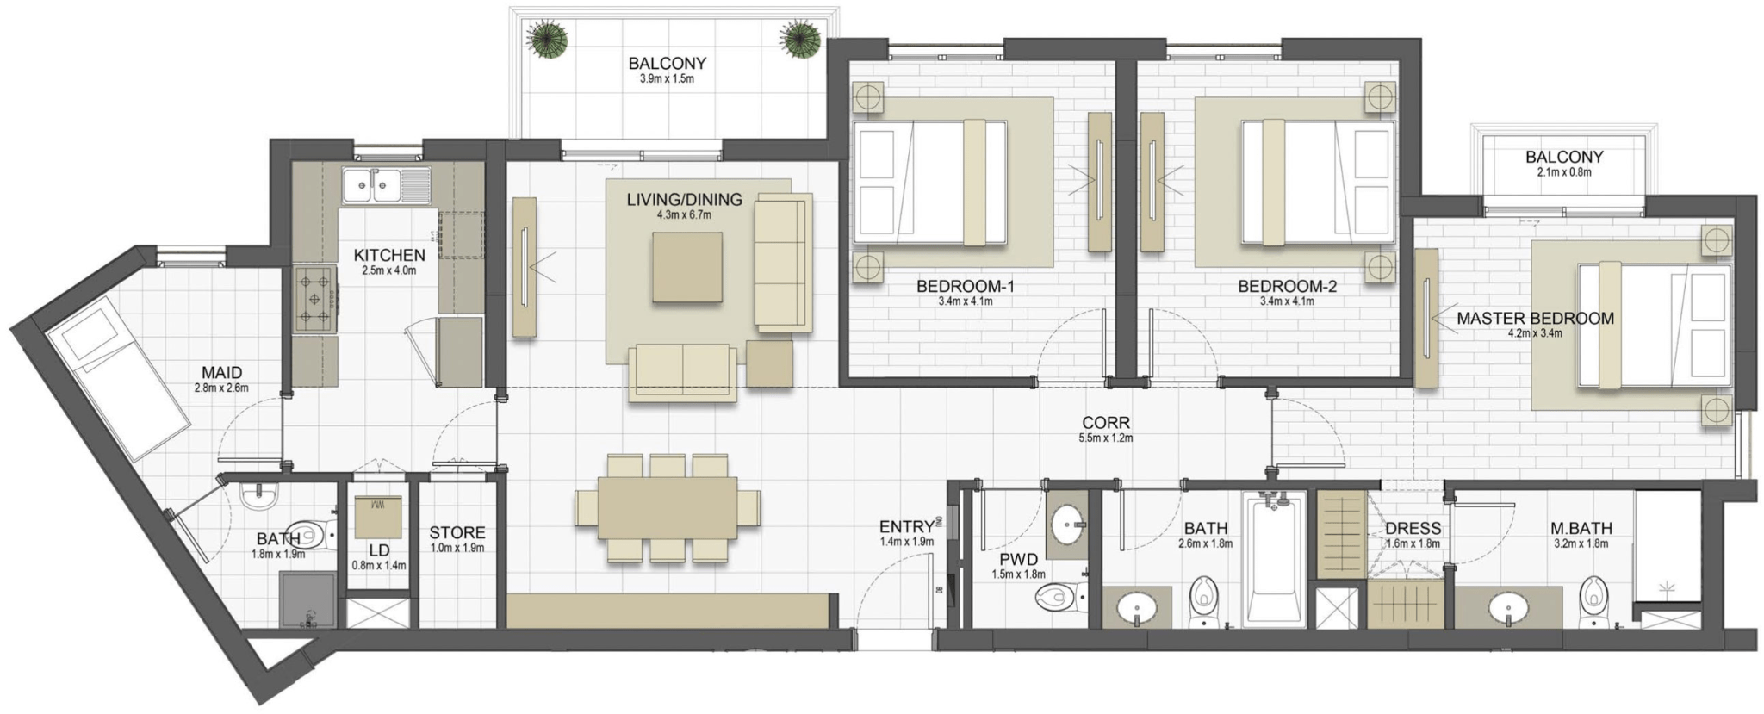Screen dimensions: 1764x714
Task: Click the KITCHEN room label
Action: click(389, 255)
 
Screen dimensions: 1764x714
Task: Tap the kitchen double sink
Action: click(387, 185)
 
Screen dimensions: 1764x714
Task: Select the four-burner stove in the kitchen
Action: click(315, 299)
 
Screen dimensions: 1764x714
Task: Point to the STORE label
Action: click(457, 533)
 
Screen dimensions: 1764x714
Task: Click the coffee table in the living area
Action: click(686, 267)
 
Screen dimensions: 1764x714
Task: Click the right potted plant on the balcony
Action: click(801, 40)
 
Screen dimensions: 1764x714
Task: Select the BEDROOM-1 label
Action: click(966, 286)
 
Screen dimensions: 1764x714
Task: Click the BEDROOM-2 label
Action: click(1288, 286)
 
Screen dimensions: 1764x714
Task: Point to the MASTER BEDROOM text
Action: click(1535, 318)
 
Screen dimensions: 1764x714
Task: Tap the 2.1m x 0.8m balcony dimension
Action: click(1564, 172)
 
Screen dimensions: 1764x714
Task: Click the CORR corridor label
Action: click(1106, 423)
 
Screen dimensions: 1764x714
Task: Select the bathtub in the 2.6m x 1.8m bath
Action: click(1276, 557)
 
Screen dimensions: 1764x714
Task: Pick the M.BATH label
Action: click(1581, 528)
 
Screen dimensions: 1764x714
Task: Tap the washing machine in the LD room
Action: click(378, 516)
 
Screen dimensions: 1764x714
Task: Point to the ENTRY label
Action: click(906, 526)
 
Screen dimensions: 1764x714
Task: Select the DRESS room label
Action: click(1413, 528)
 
